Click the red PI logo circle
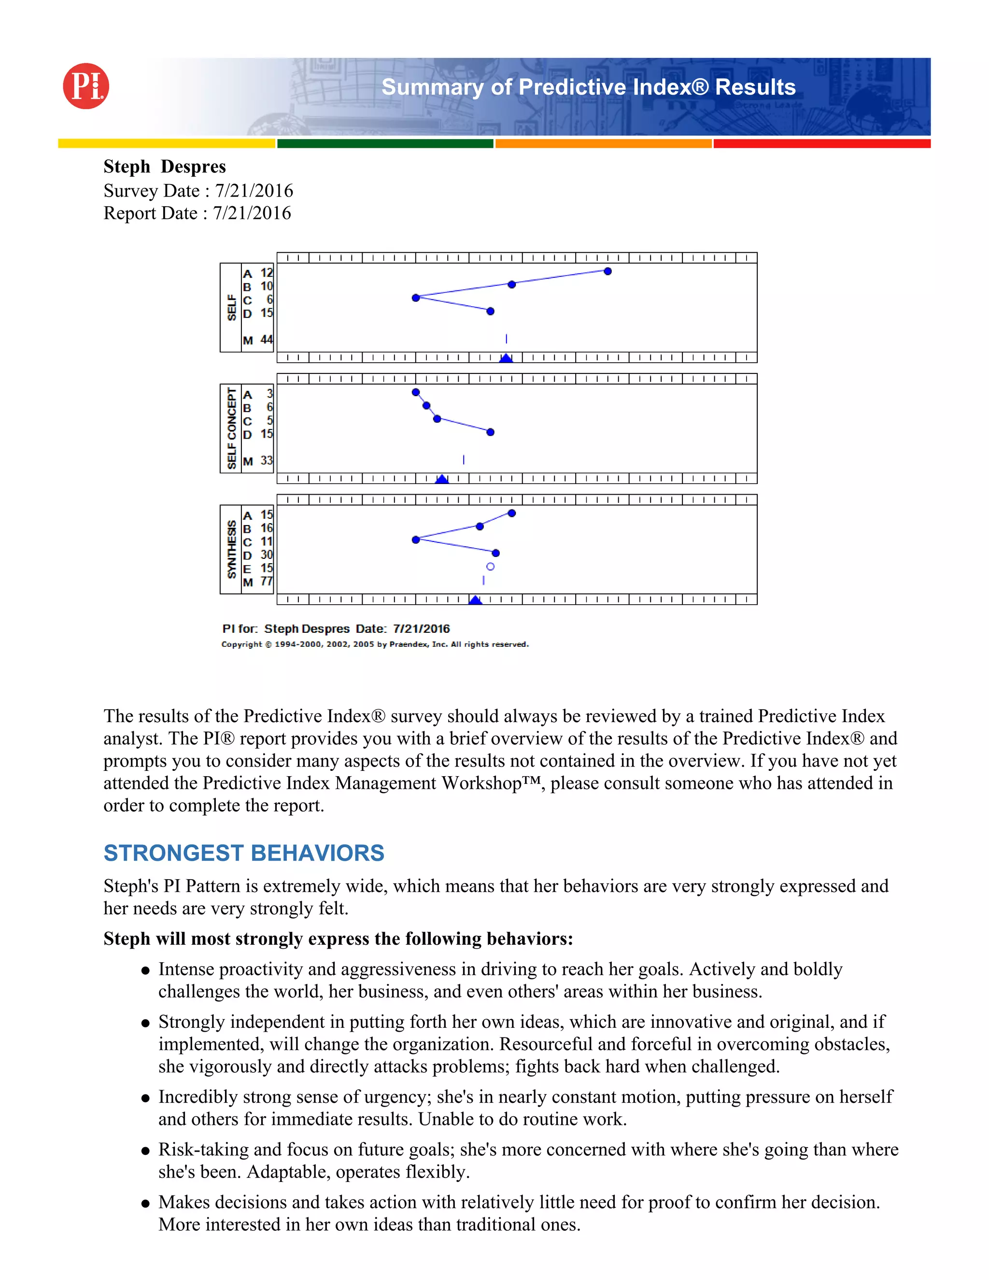click(86, 86)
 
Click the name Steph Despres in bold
click(165, 167)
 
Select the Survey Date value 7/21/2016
click(254, 190)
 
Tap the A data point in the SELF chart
click(608, 271)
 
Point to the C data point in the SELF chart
click(416, 298)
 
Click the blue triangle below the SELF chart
click(506, 358)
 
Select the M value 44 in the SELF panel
click(267, 340)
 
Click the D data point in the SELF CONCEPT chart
click(491, 432)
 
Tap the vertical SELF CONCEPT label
click(231, 428)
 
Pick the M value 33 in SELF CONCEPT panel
click(267, 461)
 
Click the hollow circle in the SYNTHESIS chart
click(491, 567)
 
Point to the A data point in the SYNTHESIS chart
click(511, 513)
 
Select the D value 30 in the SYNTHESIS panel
click(267, 555)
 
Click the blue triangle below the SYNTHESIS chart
click(475, 600)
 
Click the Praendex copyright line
click(375, 644)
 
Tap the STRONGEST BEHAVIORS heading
click(244, 853)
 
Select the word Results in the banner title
click(755, 87)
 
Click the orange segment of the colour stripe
click(604, 143)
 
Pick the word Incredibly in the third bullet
click(198, 1096)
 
